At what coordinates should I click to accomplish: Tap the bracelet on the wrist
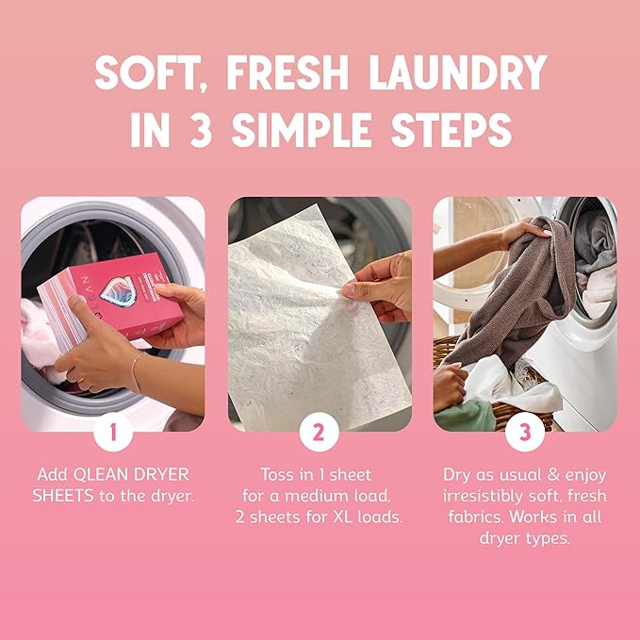[x=135, y=373]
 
